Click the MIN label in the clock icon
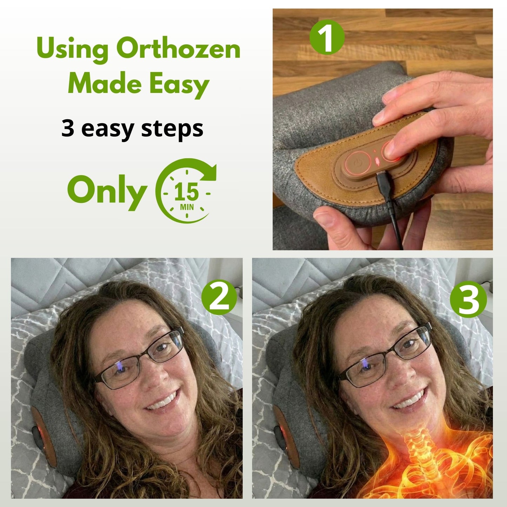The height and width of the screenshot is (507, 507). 187,207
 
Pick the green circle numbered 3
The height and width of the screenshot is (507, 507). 468,299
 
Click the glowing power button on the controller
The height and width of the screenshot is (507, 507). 357,164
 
